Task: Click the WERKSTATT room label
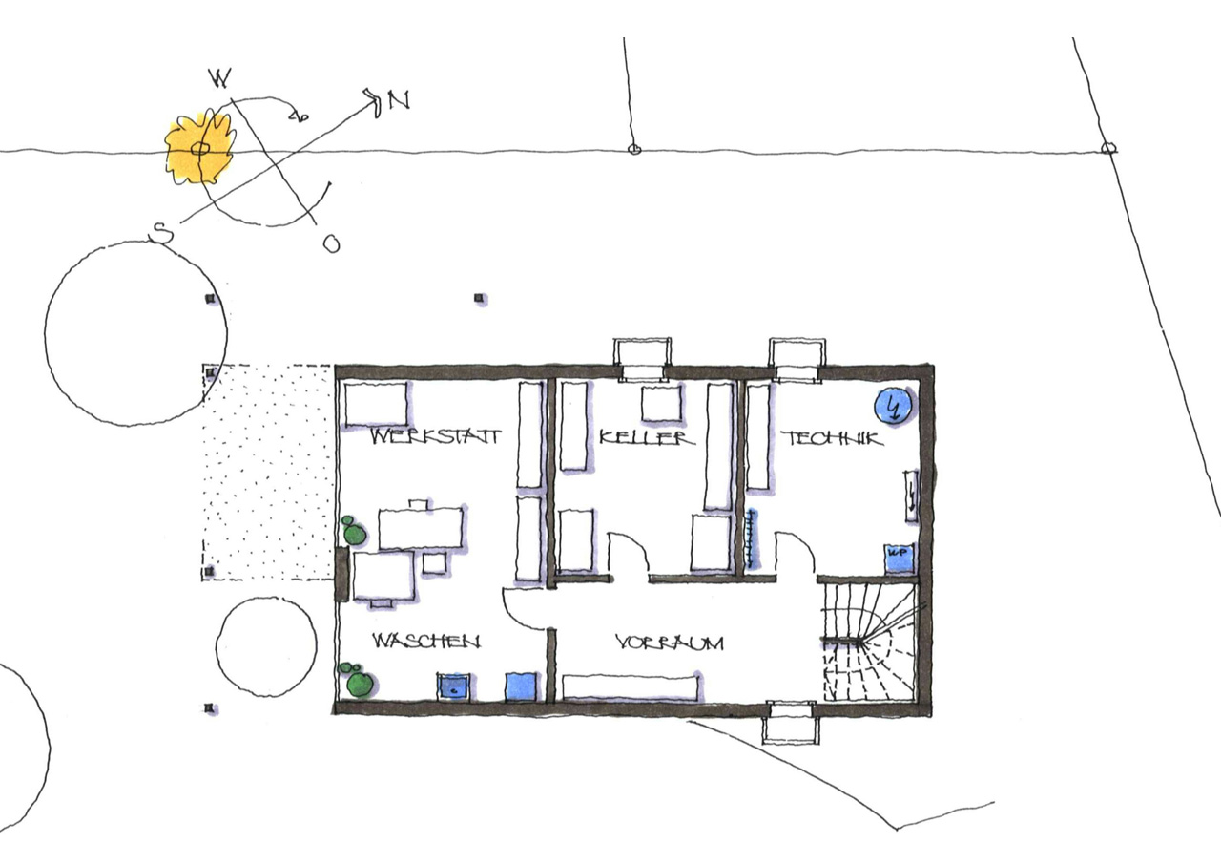[x=436, y=436]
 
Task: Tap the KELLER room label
[x=648, y=437]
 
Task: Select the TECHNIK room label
[x=832, y=438]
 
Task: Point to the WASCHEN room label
[x=426, y=641]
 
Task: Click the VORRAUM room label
[x=670, y=643]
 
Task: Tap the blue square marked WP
[x=898, y=558]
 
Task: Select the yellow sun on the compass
[x=200, y=147]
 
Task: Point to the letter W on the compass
[x=220, y=78]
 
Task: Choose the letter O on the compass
[x=331, y=243]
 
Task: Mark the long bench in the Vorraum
[x=631, y=686]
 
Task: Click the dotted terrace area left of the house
[x=268, y=473]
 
